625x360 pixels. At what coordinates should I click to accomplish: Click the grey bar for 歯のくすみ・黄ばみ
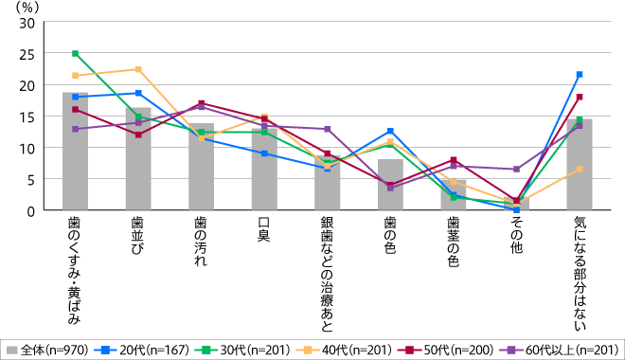75,152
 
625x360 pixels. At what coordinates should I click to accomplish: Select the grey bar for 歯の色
390,185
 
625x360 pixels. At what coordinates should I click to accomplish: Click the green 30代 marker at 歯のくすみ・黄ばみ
75,54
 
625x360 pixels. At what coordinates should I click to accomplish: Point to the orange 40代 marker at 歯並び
138,69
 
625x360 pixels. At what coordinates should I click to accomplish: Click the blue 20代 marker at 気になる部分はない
580,74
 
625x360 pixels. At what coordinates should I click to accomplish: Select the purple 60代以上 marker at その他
516,170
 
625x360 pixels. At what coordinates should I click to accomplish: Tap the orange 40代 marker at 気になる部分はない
580,170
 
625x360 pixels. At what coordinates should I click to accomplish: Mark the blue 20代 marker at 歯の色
390,131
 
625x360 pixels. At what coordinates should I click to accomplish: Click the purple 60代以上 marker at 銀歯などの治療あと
327,129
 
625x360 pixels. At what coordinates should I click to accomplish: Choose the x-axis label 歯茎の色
454,241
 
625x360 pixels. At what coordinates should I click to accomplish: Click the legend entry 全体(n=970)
47,349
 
